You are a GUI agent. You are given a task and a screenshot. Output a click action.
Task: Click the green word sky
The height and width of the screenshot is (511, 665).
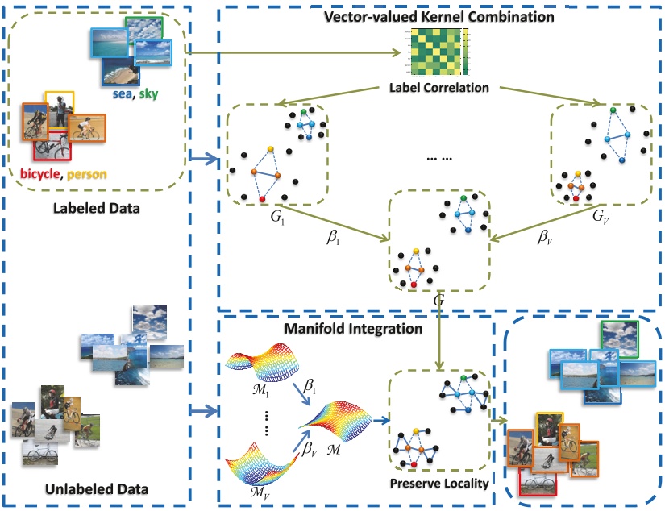[148, 94]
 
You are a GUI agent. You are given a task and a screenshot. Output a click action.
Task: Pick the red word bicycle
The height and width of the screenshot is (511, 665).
[42, 172]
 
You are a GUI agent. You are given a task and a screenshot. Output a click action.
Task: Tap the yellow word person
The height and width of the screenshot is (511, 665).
[87, 172]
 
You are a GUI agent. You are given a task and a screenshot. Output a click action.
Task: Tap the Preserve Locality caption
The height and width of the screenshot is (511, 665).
[438, 484]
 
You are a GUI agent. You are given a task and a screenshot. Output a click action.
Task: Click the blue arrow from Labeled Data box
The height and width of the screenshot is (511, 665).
[203, 160]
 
